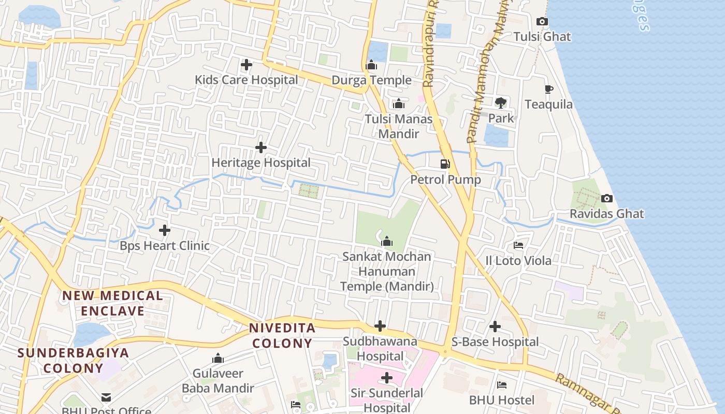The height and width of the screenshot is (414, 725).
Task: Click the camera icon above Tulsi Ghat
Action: click(542, 21)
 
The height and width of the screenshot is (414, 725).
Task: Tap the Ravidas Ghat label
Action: click(607, 214)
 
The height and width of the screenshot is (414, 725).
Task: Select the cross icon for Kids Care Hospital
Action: click(247, 65)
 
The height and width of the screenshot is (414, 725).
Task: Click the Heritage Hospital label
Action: click(261, 162)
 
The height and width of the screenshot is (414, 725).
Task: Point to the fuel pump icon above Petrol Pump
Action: click(445, 164)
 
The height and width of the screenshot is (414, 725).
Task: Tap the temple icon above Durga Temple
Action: click(371, 65)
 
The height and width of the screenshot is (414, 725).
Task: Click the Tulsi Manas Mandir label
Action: click(398, 126)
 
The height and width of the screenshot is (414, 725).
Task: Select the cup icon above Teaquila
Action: click(549, 90)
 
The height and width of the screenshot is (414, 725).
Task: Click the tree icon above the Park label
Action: click(501, 102)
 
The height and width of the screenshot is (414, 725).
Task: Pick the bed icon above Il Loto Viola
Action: click(518, 245)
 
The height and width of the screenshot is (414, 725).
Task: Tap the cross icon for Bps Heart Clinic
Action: click(165, 230)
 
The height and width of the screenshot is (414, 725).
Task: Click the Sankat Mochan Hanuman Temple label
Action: click(387, 271)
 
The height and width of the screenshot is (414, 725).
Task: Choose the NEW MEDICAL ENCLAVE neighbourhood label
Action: click(113, 303)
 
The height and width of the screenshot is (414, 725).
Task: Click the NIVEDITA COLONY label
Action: click(282, 335)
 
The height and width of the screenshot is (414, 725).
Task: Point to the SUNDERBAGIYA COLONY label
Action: click(73, 360)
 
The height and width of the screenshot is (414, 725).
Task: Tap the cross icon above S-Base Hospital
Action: click(495, 327)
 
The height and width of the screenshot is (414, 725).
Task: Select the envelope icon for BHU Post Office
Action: click(106, 397)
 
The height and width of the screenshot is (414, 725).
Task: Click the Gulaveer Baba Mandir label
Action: click(218, 380)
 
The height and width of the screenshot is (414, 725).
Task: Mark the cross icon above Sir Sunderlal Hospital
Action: click(387, 378)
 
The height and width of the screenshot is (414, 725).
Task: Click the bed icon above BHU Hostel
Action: click(502, 385)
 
